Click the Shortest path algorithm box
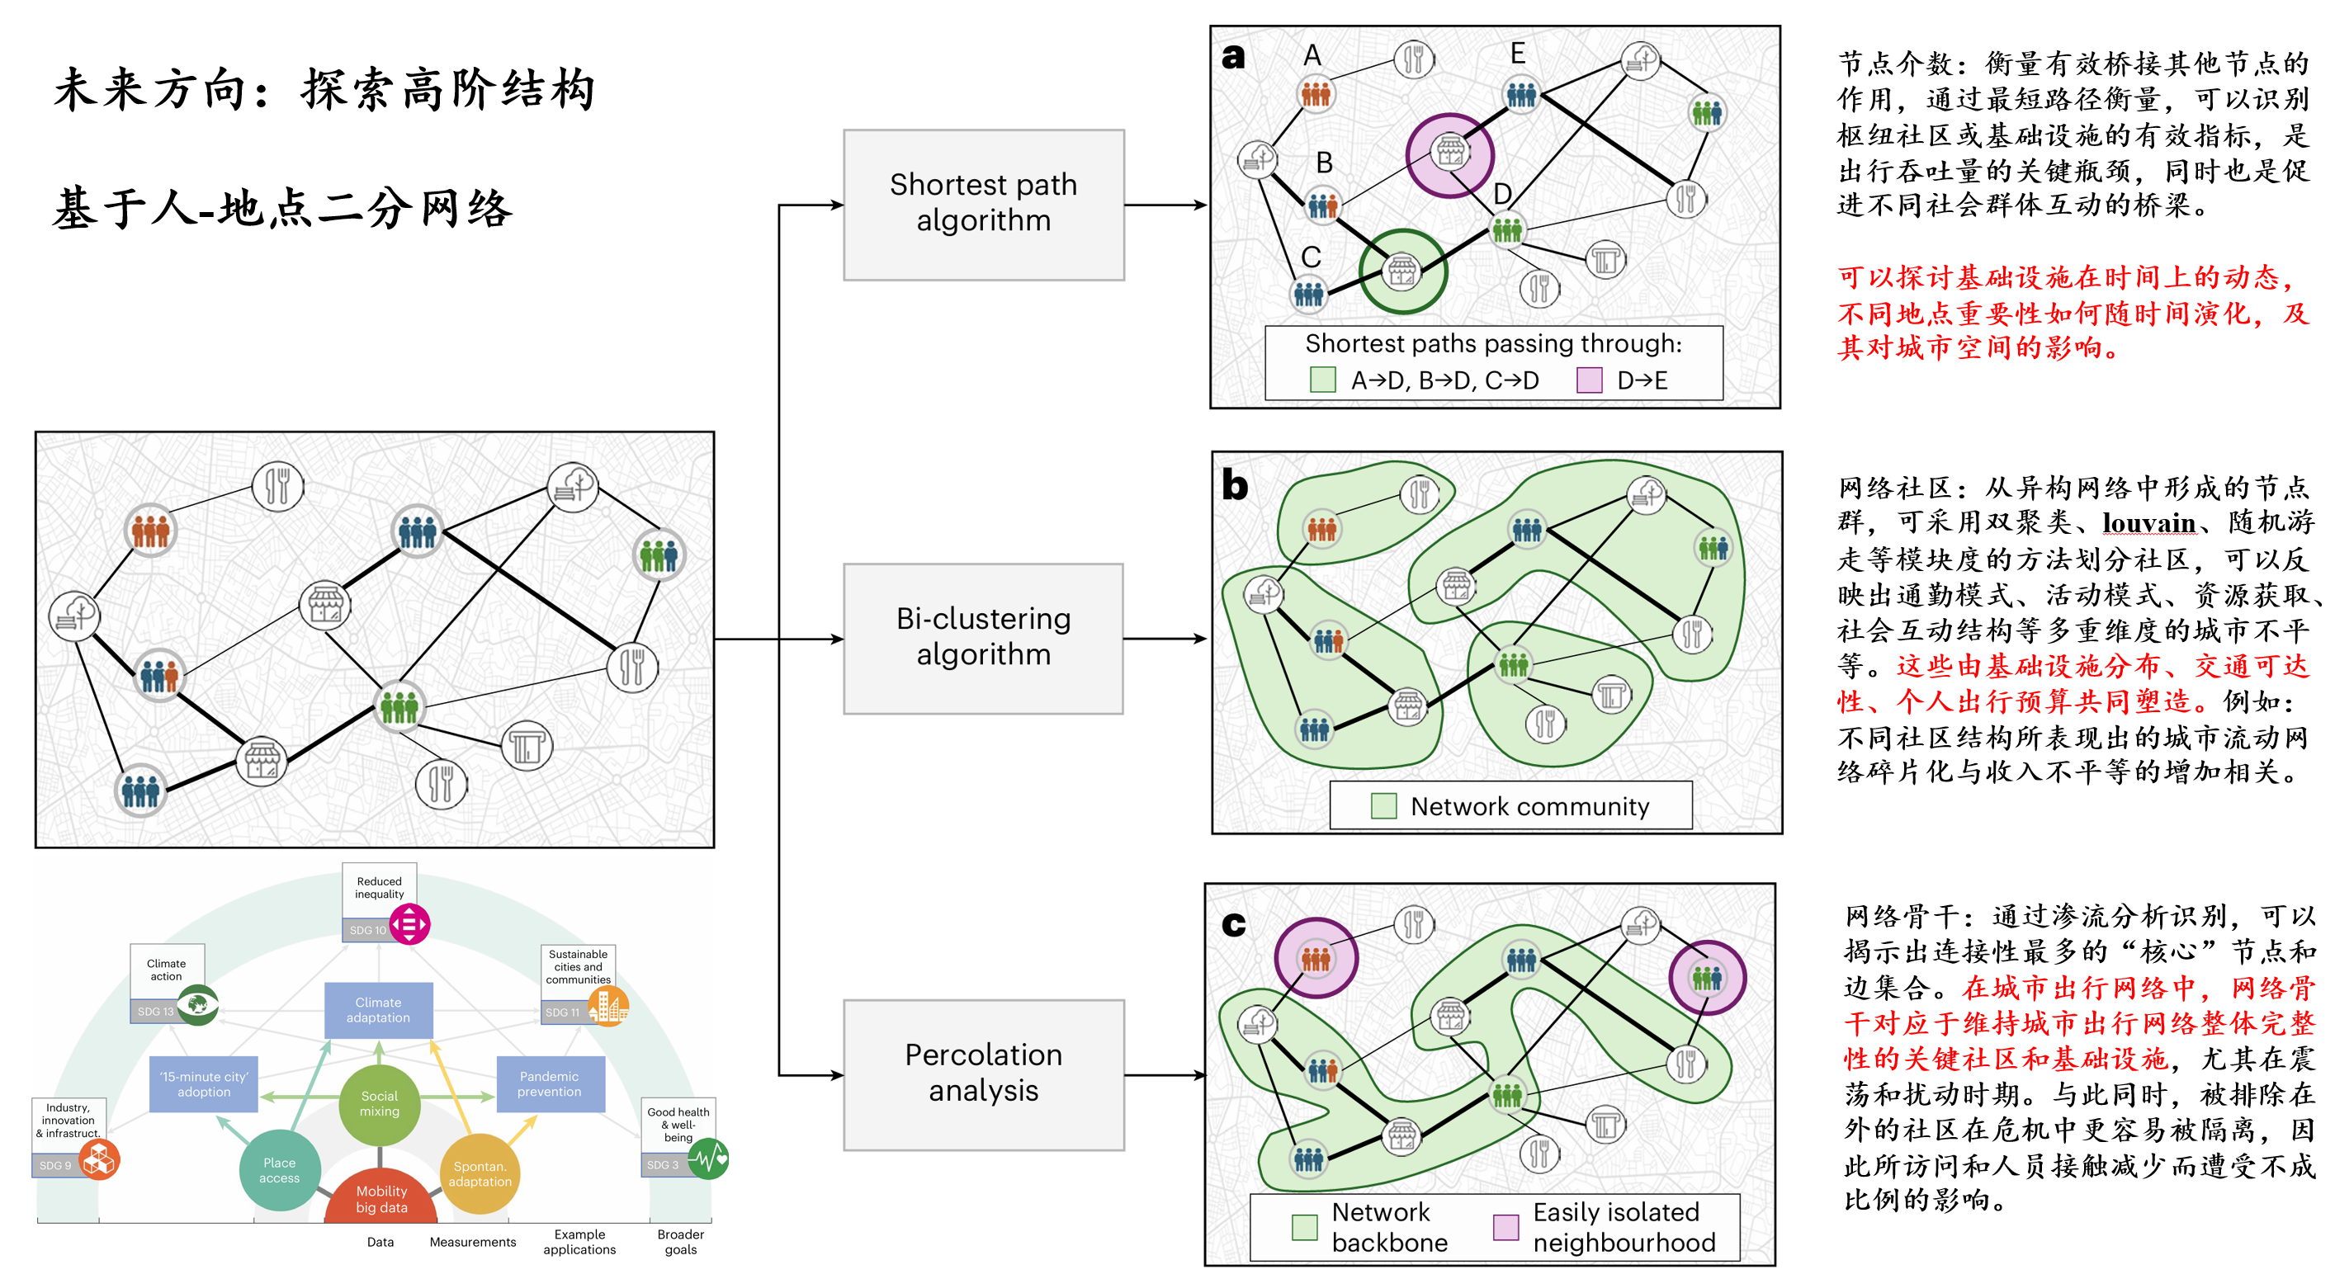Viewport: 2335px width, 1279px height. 984,204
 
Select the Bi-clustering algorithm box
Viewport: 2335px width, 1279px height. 984,638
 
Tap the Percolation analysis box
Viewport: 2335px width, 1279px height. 984,1074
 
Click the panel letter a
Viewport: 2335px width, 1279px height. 1233,56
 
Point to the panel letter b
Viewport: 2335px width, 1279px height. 1235,484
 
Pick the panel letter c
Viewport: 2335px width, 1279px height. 1233,923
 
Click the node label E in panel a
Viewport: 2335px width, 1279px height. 1517,54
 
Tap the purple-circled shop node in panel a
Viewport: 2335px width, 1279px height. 1449,154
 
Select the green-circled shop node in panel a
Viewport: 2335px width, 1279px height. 1402,270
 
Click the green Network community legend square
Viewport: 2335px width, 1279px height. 1383,806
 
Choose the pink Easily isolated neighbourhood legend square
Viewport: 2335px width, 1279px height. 1505,1227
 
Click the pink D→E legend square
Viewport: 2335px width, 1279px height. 1589,380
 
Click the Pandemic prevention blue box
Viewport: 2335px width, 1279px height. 550,1084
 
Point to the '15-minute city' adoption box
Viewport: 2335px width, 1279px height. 204,1084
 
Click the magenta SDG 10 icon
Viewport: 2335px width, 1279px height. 409,924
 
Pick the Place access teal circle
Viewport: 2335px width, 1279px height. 279,1169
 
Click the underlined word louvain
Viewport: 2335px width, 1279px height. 2148,523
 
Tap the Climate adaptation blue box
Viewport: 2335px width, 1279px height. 378,1010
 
